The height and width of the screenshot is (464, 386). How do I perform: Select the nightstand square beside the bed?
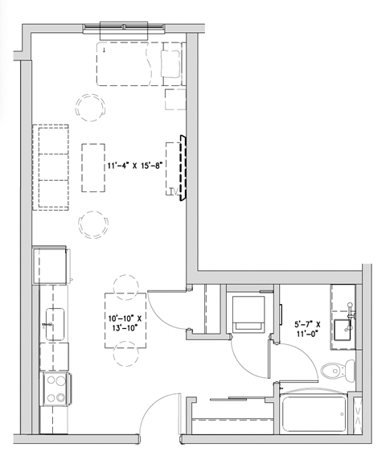tap(175, 99)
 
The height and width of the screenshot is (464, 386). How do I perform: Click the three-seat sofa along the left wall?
tap(50, 166)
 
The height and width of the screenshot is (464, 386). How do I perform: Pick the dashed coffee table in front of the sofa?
tap(93, 166)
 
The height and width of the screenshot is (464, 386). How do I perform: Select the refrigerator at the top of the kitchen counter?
tap(50, 265)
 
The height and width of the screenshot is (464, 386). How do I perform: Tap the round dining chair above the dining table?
tap(126, 285)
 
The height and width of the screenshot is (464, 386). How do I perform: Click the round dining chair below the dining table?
tap(126, 355)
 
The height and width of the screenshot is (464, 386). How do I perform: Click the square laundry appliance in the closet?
tap(248, 311)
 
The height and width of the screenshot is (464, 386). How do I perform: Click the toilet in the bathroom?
tap(337, 371)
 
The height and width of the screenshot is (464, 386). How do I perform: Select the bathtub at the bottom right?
tap(316, 416)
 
